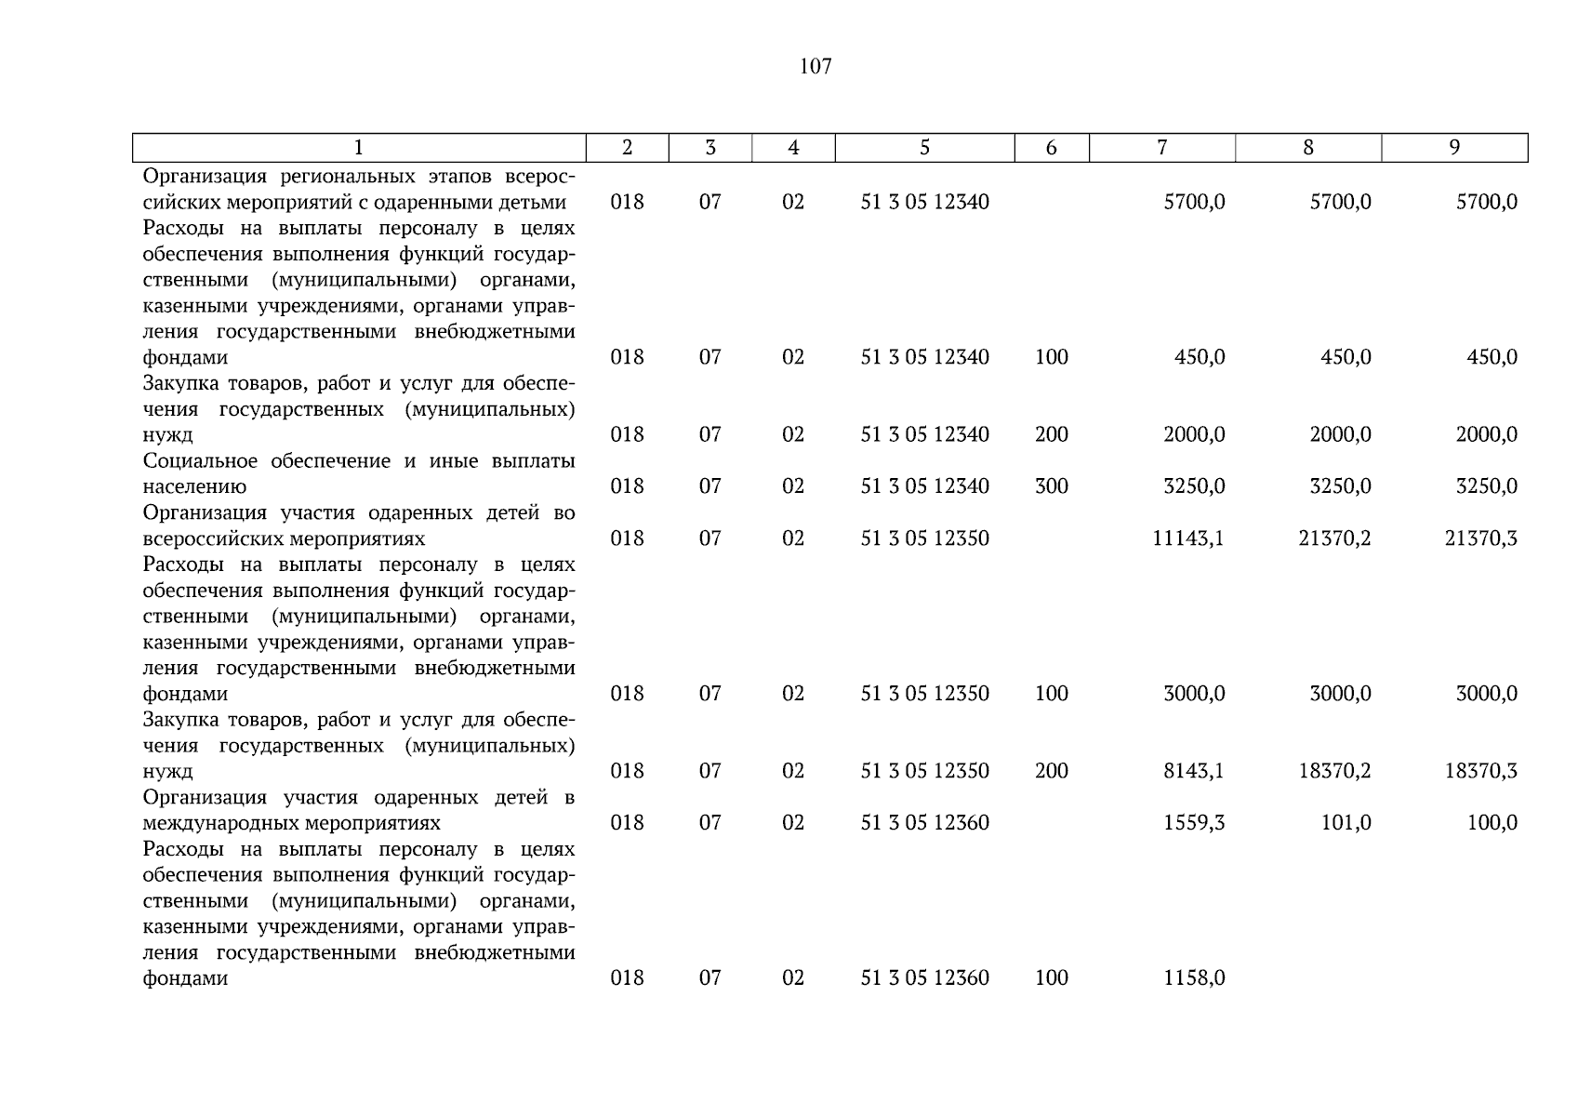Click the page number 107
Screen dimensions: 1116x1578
[x=815, y=66]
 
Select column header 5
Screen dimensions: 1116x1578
[x=924, y=147]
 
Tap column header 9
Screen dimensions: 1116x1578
[x=1454, y=147]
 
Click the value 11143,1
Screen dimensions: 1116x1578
[x=1187, y=538]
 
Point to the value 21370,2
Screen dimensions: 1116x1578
[x=1334, y=538]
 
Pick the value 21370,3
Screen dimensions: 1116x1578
[x=1480, y=538]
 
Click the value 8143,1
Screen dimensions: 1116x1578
[x=1194, y=771]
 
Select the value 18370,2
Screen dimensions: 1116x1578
[x=1334, y=771]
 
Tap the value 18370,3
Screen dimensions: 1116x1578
[x=1480, y=771]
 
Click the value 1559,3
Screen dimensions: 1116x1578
[x=1194, y=823]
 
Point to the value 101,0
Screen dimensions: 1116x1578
[x=1346, y=823]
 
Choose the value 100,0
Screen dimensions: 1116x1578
[x=1492, y=823]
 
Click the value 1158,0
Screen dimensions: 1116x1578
[x=1194, y=978]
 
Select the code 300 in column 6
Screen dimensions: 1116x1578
[x=1051, y=486]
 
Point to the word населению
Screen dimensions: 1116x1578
[x=193, y=486]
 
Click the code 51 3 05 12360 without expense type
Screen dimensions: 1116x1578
[x=924, y=823]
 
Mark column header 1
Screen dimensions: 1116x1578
[x=359, y=147]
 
